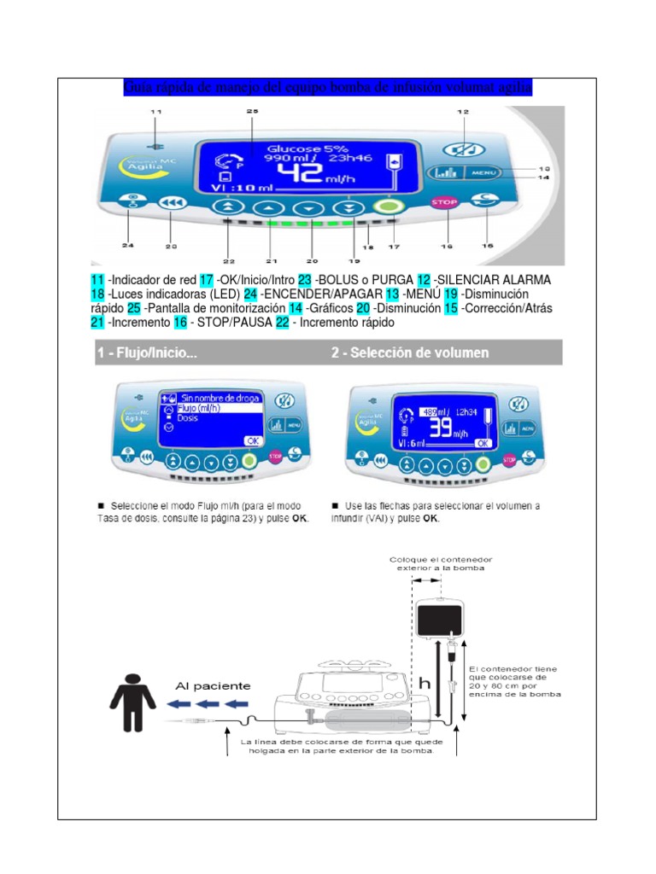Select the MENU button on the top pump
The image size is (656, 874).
pos(483,172)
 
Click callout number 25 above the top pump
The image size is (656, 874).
pos(251,112)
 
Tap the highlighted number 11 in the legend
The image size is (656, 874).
pos(97,280)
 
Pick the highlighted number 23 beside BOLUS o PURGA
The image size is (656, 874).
pos(305,280)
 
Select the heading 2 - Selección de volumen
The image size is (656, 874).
pos(410,353)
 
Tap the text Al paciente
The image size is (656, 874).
pos(213,685)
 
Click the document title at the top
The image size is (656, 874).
pos(328,87)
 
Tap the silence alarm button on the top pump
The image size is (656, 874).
pos(465,146)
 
